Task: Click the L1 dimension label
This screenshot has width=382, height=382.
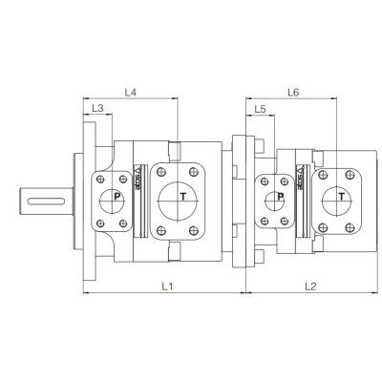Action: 165,285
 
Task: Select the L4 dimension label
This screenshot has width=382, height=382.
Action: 132,92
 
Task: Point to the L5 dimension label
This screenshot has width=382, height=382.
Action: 260,110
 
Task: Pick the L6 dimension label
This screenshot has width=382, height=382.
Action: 293,92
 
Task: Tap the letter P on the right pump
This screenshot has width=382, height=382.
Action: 279,198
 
